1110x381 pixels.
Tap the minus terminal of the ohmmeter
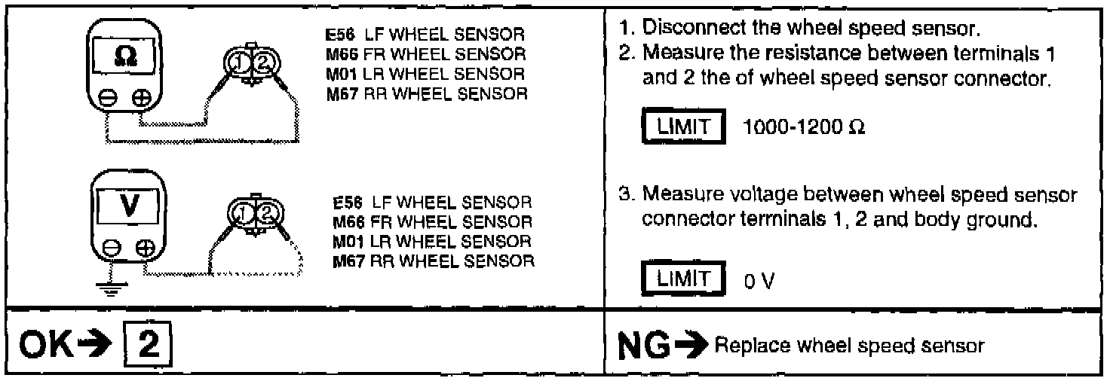point(106,99)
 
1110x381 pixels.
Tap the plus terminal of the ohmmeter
point(142,99)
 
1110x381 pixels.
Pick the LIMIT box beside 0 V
point(676,278)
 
